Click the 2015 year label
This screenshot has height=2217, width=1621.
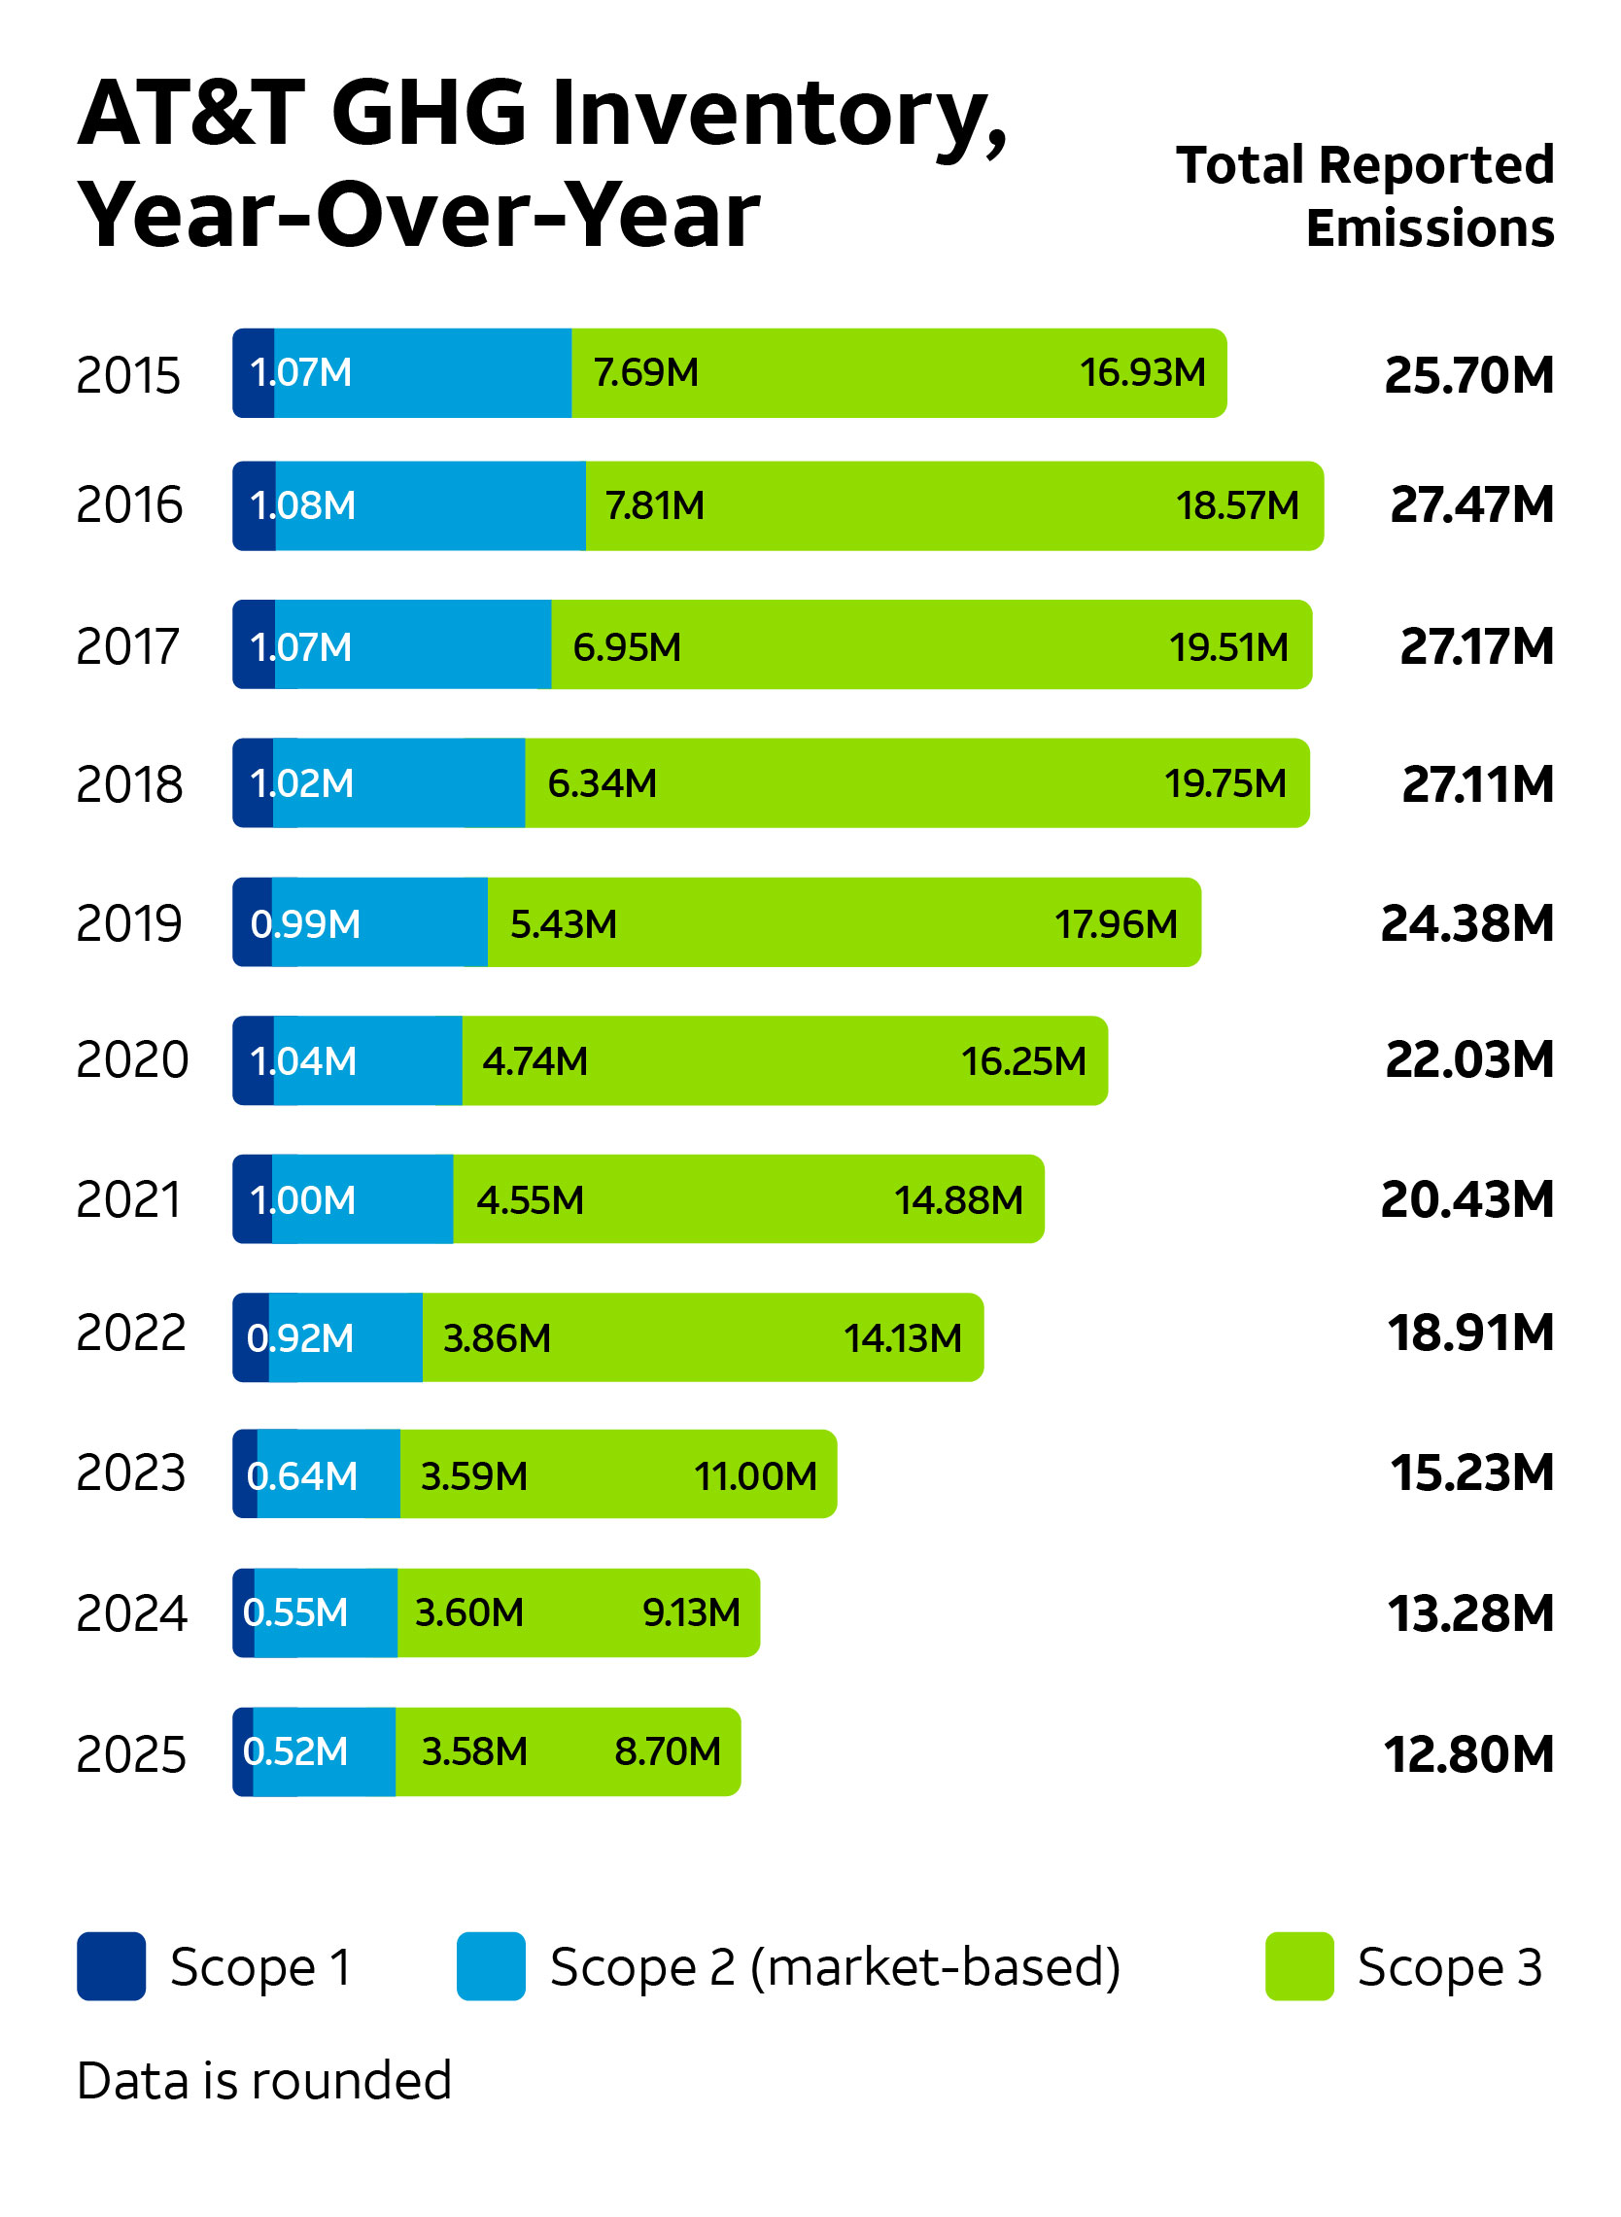click(128, 375)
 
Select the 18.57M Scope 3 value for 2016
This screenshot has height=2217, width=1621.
click(1237, 506)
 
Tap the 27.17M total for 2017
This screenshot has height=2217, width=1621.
click(1476, 646)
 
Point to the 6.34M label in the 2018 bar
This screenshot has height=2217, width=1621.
click(602, 784)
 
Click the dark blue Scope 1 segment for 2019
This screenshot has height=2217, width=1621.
click(251, 922)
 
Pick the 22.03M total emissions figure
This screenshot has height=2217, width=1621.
click(1468, 1060)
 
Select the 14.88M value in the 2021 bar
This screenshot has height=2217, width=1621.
click(957, 1200)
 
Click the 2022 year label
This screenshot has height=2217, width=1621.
click(130, 1334)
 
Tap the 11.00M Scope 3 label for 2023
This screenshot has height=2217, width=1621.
click(754, 1476)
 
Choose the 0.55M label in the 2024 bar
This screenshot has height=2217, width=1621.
click(295, 1612)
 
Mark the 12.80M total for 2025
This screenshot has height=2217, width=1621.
click(1467, 1753)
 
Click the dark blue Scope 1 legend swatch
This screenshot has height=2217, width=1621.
click(111, 1966)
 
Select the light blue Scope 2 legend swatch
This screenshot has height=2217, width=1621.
click(491, 1966)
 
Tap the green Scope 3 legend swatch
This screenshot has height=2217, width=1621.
click(1299, 1966)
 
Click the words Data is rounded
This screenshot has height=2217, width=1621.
click(264, 2081)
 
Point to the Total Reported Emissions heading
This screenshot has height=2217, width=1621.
click(1364, 196)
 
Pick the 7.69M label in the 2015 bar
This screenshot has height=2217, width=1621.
click(645, 373)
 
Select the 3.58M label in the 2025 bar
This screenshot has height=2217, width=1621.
click(474, 1751)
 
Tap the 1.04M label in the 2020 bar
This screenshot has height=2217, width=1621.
click(302, 1062)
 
